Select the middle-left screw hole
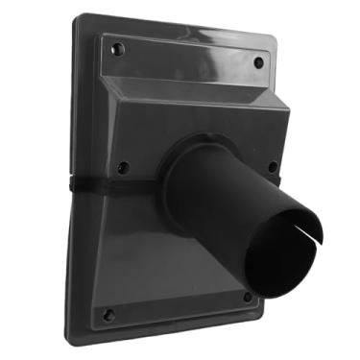[122, 167]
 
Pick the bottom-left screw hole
[108, 314]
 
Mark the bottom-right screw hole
[247, 298]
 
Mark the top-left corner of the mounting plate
[80, 16]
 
